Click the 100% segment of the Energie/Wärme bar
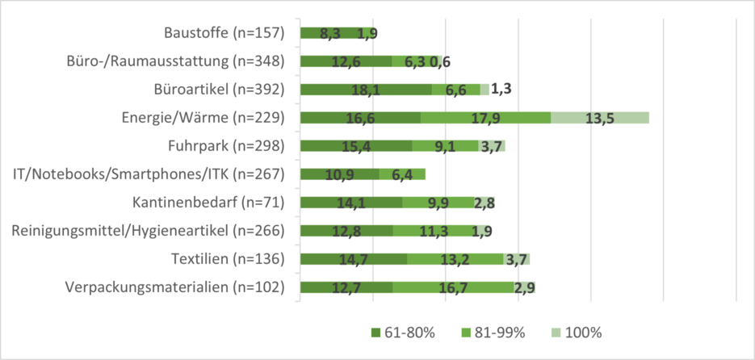[600, 118]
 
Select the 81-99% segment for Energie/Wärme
[485, 118]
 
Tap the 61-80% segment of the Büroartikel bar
[366, 90]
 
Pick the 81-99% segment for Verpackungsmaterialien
[452, 287]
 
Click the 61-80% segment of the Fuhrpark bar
[356, 146]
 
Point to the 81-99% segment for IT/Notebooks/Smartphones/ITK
[402, 174]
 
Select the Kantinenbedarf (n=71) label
[209, 203]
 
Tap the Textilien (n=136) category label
[229, 259]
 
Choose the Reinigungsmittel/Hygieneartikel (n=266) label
[149, 231]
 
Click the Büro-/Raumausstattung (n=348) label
[178, 61]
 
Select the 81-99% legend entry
[494, 333]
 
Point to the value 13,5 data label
[600, 119]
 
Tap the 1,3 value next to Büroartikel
[503, 90]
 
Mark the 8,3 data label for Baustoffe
[330, 34]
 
